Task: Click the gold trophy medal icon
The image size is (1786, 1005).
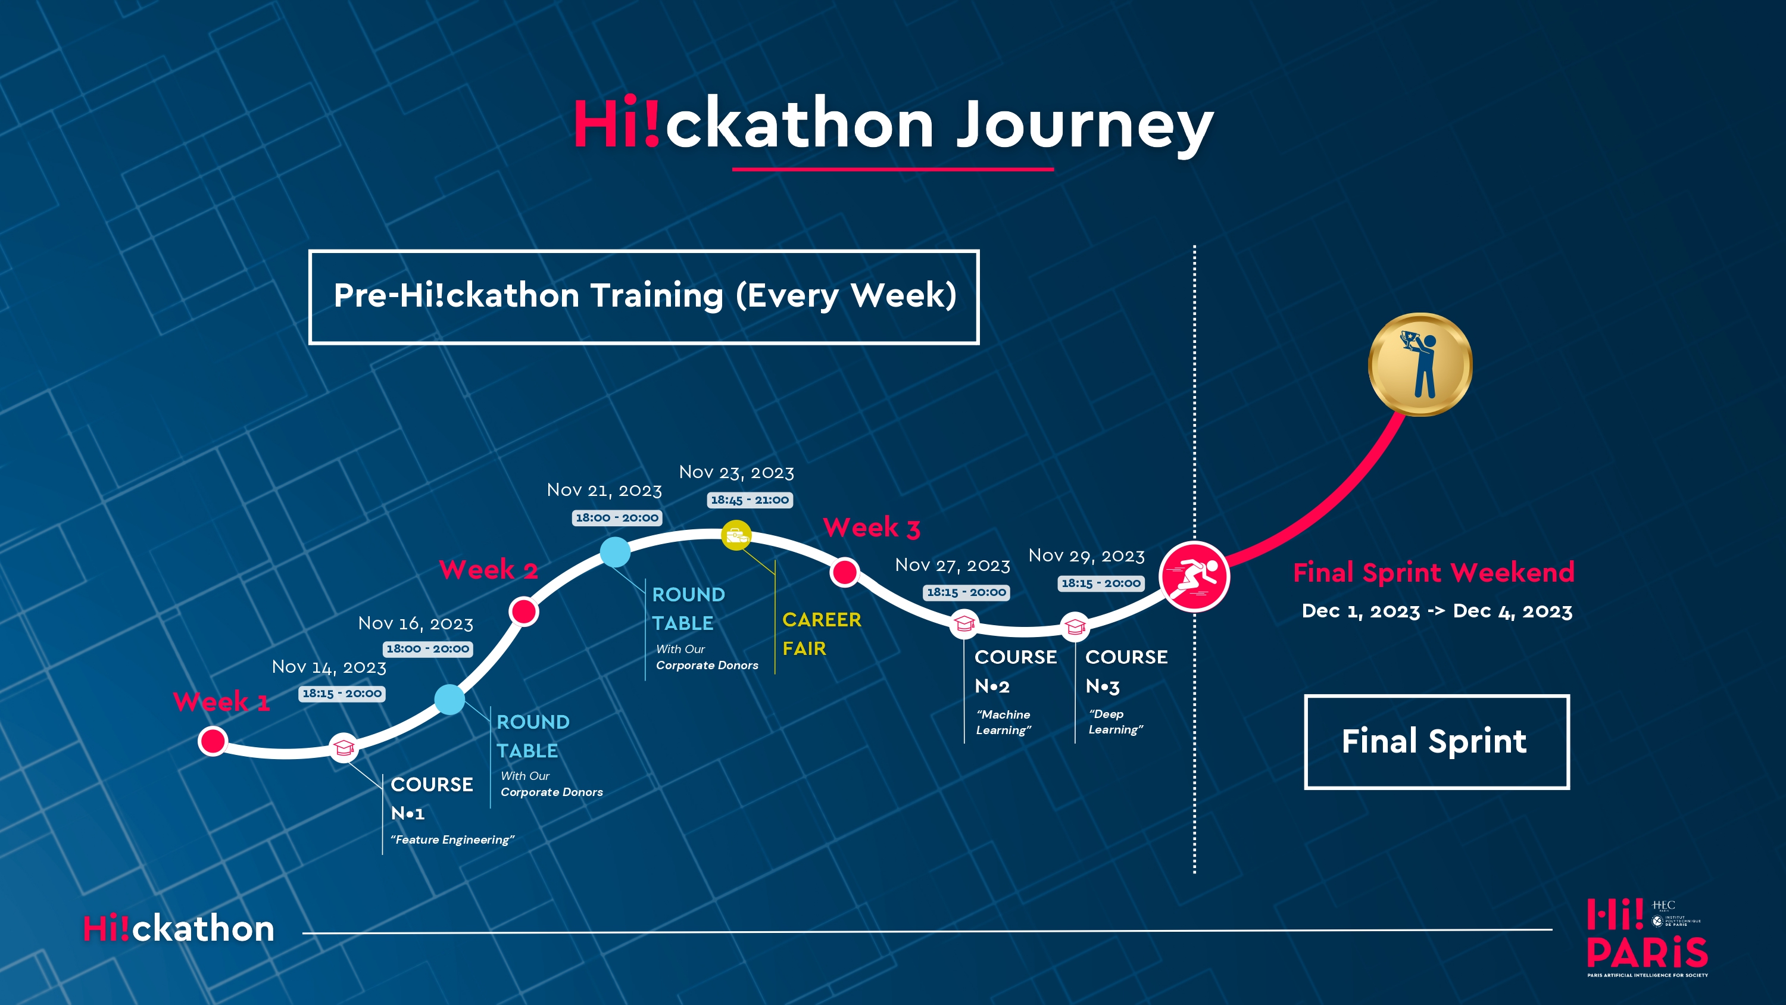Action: pyautogui.click(x=1420, y=364)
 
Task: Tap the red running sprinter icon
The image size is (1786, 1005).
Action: pyautogui.click(x=1194, y=576)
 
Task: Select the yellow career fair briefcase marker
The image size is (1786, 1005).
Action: pyautogui.click(x=736, y=535)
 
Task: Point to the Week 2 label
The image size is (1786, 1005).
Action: pyautogui.click(x=488, y=570)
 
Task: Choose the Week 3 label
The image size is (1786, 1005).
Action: pyautogui.click(x=872, y=528)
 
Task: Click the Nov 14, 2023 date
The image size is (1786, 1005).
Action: pyautogui.click(x=329, y=667)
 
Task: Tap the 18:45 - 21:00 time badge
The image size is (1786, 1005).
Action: pyautogui.click(x=750, y=500)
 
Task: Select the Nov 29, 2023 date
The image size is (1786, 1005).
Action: pyautogui.click(x=1086, y=555)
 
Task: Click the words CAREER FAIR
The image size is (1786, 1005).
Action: pyautogui.click(x=821, y=633)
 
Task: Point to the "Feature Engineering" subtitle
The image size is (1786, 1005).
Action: pyautogui.click(x=452, y=839)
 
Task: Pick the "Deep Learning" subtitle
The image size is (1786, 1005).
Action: pyautogui.click(x=1115, y=722)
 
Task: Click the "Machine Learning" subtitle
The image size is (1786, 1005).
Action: pyautogui.click(x=1003, y=722)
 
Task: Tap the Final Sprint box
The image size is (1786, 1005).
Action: pyautogui.click(x=1436, y=741)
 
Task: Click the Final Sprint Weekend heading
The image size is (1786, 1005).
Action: pyautogui.click(x=1433, y=573)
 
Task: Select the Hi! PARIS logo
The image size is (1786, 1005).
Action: pyautogui.click(x=1647, y=938)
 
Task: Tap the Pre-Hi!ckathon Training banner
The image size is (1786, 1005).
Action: pyautogui.click(x=644, y=296)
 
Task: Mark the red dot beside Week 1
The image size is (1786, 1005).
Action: pyautogui.click(x=213, y=741)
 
